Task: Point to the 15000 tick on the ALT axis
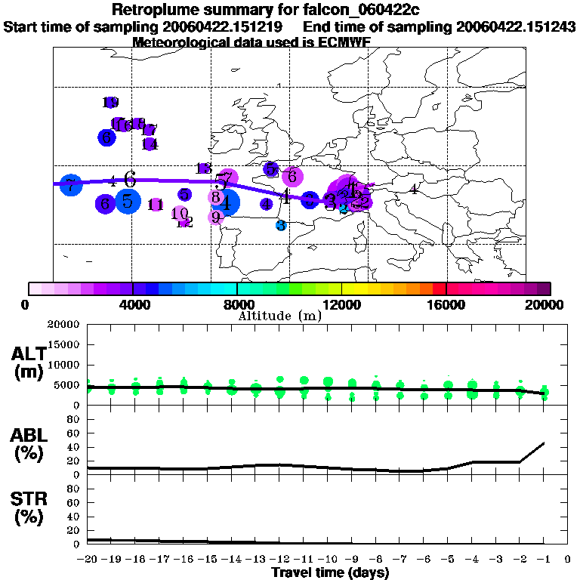[x=64, y=344]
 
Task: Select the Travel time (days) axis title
[x=330, y=572]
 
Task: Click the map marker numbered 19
[x=110, y=103]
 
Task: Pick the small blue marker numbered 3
[x=281, y=225]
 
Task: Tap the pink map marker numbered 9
[x=216, y=217]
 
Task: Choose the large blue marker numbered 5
[x=128, y=201]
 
